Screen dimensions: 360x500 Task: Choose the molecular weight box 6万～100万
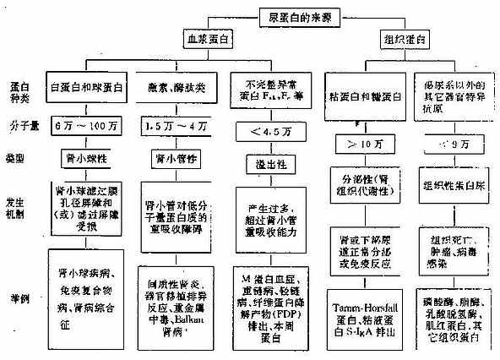86,125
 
